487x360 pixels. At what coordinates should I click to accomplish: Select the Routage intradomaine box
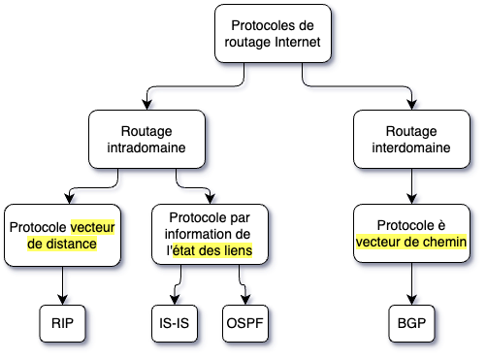coord(146,137)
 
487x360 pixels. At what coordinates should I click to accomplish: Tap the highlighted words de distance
coord(63,245)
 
